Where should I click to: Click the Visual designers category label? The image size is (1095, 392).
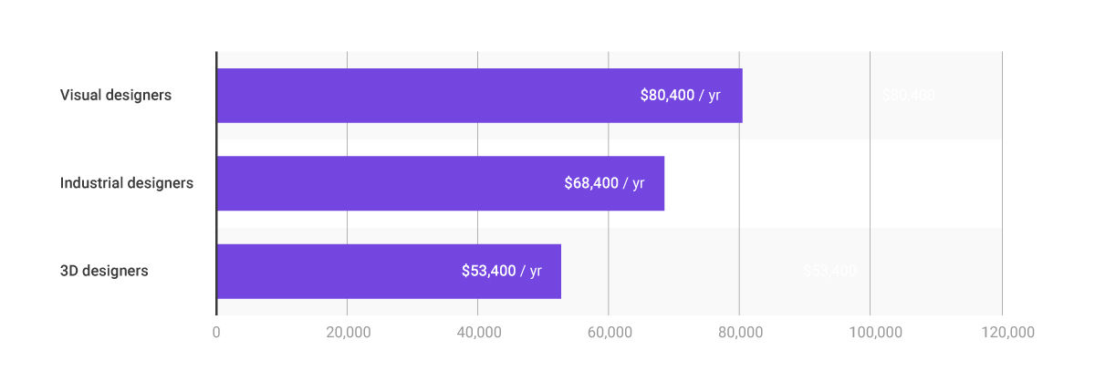[x=116, y=95]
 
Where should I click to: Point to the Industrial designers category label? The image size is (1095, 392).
[x=127, y=183]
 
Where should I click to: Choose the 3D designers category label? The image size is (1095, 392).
[x=104, y=271]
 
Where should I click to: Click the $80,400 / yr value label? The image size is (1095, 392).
[x=681, y=95]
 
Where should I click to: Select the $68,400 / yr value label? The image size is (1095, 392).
[x=604, y=183]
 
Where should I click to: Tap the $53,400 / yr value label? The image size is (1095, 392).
[x=502, y=271]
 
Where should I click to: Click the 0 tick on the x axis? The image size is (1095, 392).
[x=216, y=333]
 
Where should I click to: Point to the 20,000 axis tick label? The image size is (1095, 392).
[x=347, y=333]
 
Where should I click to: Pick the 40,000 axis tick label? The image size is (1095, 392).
[x=478, y=333]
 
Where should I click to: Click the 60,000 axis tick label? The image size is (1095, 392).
[x=609, y=333]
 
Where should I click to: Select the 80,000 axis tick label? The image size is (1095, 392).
[x=740, y=333]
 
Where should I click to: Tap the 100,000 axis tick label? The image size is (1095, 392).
[x=871, y=333]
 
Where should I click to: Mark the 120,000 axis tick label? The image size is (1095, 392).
[x=1002, y=333]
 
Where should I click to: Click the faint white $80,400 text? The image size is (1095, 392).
[x=908, y=95]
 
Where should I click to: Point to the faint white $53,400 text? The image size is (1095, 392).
[x=829, y=271]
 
